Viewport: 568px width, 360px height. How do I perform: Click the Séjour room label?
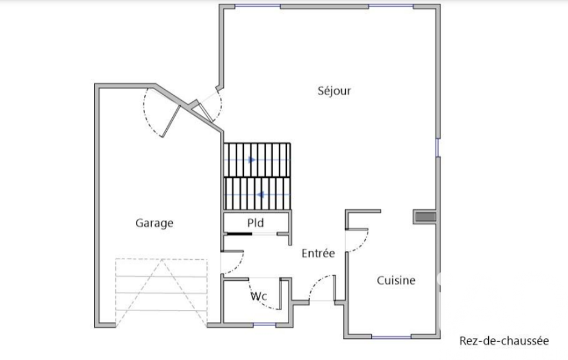tap(334, 90)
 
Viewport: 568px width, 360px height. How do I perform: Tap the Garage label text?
tap(154, 223)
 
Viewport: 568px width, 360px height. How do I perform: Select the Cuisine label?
tap(396, 280)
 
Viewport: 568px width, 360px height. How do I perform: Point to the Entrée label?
tap(318, 253)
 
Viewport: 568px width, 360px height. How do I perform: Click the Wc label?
tap(259, 296)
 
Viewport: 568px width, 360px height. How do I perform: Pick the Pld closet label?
tap(255, 223)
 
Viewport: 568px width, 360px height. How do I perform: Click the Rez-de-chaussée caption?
tap(504, 341)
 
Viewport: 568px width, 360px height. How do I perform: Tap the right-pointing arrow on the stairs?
tap(252, 160)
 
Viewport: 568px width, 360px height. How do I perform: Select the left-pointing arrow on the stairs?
tap(260, 195)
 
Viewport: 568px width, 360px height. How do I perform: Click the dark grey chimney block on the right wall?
tap(425, 217)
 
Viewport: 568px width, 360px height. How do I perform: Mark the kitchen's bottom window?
tap(391, 337)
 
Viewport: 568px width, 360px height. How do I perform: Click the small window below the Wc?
tap(264, 325)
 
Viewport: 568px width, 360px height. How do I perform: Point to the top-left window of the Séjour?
tap(258, 6)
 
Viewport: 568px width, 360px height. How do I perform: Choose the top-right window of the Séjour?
tap(391, 6)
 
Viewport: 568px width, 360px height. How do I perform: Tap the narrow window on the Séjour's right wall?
tap(438, 147)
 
